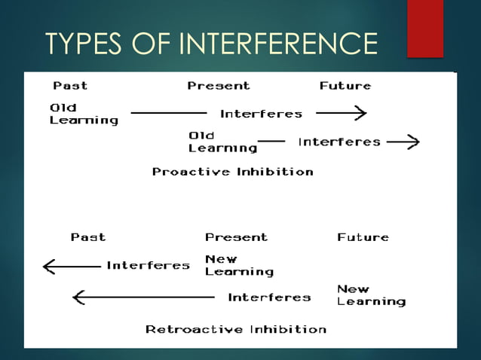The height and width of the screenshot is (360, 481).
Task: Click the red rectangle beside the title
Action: coord(424,29)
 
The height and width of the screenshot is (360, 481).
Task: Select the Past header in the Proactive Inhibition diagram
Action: coord(69,85)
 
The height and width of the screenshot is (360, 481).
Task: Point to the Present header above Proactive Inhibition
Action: coord(219,85)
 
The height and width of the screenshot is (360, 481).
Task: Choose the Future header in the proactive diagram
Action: coord(345,85)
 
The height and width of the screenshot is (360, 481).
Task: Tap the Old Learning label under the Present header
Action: coord(212,142)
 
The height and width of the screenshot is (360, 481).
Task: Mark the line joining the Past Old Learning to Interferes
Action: coord(168,114)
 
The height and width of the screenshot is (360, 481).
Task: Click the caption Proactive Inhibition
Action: coord(232,172)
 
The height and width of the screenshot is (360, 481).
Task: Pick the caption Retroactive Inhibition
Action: coord(235,329)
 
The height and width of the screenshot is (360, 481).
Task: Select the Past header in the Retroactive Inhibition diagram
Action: coord(88,236)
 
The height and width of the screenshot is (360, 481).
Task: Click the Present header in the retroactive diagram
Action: coord(236,236)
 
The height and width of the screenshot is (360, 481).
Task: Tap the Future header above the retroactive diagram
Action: coord(363,236)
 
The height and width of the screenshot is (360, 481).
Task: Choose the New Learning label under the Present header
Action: coord(239,265)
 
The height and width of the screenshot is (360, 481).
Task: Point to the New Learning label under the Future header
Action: coord(370,295)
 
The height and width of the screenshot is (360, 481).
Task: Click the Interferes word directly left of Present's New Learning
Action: coord(148,265)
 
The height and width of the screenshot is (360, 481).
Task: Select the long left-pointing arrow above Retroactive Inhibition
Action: coord(143,297)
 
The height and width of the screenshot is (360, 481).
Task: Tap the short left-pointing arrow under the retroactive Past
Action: coord(72,266)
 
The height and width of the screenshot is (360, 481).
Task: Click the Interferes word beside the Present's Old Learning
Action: coord(339,142)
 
